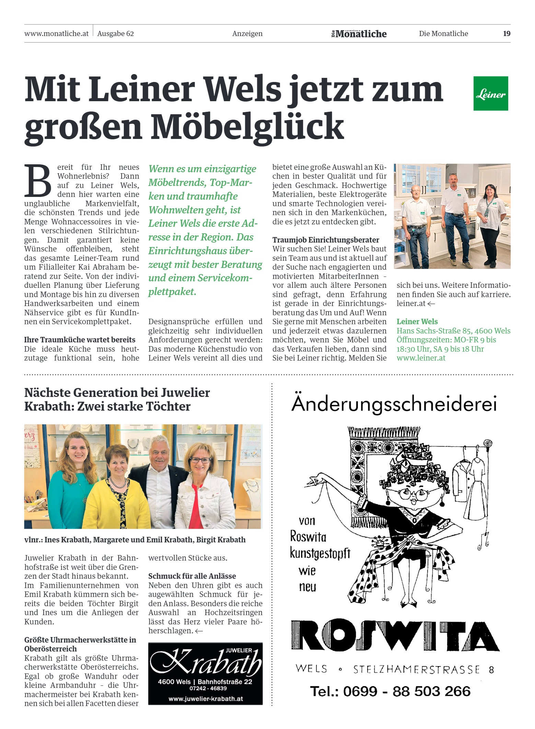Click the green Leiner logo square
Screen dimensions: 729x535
(x=490, y=93)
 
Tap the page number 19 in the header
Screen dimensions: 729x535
(x=507, y=34)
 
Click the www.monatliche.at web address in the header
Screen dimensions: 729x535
(x=56, y=34)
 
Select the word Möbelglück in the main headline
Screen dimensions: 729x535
(x=247, y=127)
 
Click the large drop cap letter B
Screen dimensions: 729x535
(x=37, y=181)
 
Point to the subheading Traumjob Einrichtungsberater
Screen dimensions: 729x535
(x=326, y=240)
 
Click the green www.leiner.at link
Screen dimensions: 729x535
(x=421, y=358)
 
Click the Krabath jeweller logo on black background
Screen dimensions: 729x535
(x=205, y=673)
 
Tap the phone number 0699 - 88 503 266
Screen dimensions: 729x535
(x=390, y=691)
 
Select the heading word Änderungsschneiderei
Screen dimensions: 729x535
(x=394, y=404)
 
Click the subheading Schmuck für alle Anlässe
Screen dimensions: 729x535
(x=192, y=576)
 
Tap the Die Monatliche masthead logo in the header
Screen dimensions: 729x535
(x=359, y=34)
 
